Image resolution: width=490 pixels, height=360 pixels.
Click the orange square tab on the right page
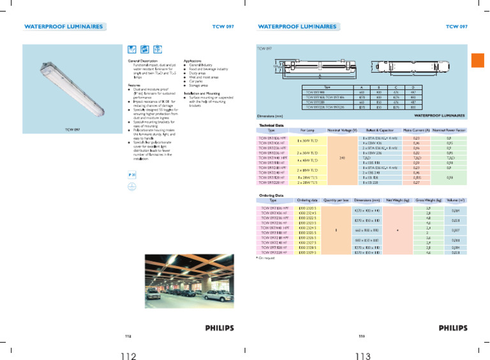click(479, 61)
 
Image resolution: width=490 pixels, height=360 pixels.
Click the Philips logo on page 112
click(219, 328)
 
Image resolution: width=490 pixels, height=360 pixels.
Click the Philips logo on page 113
click(452, 328)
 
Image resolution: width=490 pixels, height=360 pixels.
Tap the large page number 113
click(364, 354)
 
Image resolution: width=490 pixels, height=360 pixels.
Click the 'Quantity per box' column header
click(336, 200)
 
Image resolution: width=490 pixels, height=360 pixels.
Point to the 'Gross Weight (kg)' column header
click(429, 200)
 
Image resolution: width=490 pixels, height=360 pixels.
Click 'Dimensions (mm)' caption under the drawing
click(270, 116)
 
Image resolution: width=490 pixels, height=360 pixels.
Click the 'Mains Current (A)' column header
click(416, 130)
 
